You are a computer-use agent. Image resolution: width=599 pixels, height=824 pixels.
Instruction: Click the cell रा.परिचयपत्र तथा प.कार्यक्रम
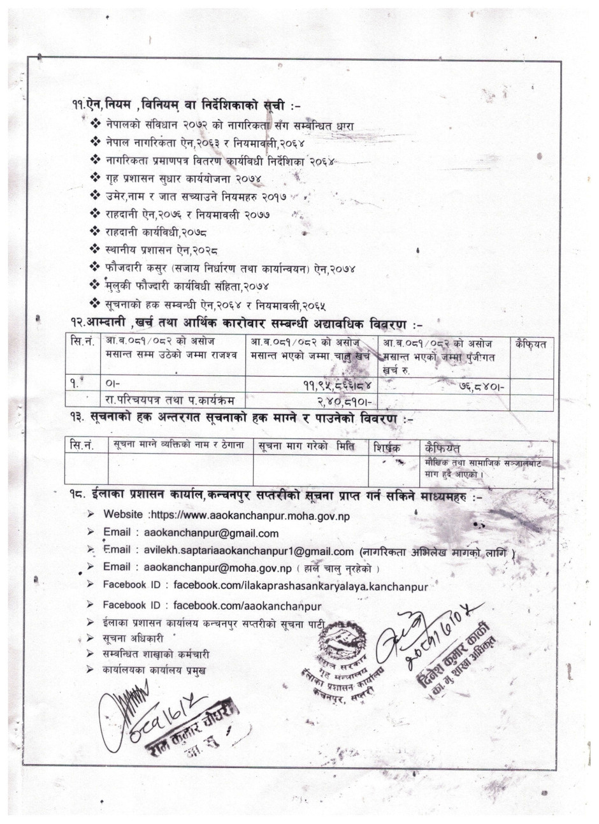pos(171,400)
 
